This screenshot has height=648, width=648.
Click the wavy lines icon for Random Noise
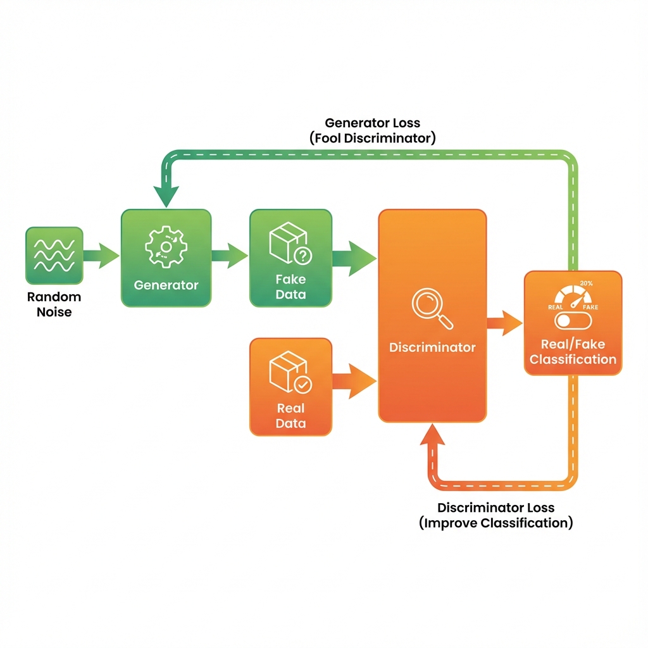coord(54,255)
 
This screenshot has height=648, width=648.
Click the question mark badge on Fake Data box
coord(303,256)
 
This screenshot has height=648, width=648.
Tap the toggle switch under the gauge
coord(572,321)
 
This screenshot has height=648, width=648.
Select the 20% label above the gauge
coord(585,283)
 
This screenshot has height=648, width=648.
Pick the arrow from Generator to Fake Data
coord(229,256)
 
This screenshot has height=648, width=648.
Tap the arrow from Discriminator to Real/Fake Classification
coord(504,323)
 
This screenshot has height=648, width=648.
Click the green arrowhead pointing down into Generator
coord(166,196)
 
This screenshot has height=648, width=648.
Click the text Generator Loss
coord(372,123)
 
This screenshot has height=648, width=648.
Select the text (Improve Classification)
coord(495,523)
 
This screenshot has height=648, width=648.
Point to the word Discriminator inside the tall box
coord(432,347)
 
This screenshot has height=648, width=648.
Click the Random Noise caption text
coord(54,304)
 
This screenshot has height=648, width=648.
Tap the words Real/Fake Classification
coord(573,352)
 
